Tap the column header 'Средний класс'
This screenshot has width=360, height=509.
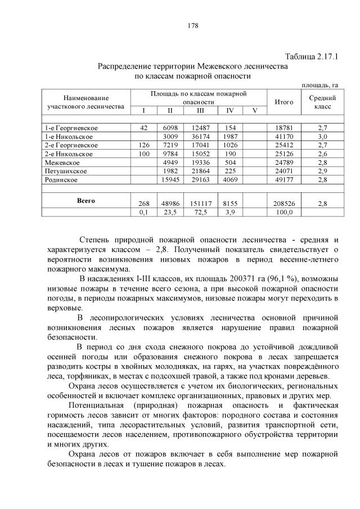tap(323, 102)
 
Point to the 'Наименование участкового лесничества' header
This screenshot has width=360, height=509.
tap(85, 102)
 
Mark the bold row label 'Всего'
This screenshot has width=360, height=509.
tap(85, 200)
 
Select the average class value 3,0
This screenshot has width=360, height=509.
tap(323, 137)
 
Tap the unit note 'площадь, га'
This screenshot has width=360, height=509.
tap(319, 85)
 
